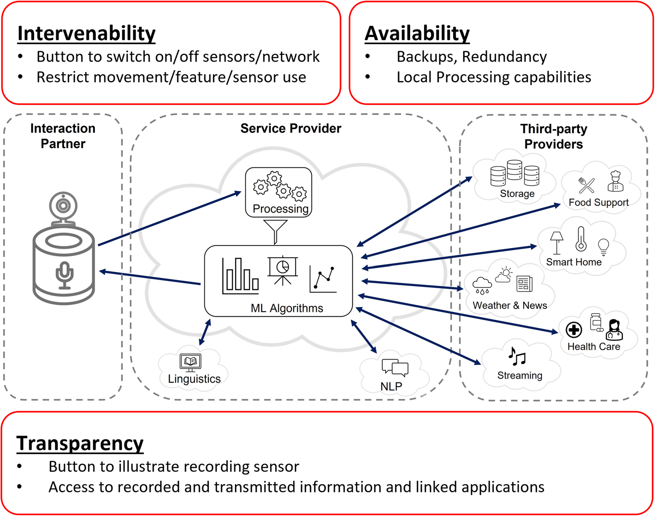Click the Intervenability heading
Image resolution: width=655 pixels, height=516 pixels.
(86, 34)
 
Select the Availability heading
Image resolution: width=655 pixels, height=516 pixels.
(417, 34)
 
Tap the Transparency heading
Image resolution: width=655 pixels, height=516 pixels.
(80, 443)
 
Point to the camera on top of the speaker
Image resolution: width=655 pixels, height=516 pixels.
(63, 205)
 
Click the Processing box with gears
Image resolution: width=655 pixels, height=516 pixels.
(279, 192)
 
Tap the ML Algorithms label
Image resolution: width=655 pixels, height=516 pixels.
(287, 308)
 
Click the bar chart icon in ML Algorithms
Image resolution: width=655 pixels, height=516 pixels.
(240, 275)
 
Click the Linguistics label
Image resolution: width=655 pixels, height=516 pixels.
(194, 379)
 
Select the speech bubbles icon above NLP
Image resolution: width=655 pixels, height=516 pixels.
(395, 367)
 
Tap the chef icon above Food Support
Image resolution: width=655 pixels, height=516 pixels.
(615, 181)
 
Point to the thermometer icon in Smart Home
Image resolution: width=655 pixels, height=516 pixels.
(581, 239)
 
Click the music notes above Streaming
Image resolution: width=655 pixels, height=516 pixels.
(517, 357)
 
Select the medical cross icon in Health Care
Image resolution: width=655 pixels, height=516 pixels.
(574, 330)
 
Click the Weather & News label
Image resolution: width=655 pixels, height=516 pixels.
(510, 305)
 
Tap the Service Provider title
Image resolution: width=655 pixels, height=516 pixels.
(291, 128)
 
